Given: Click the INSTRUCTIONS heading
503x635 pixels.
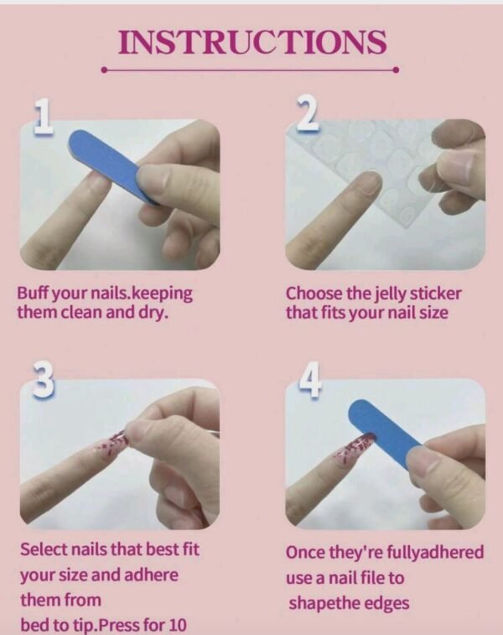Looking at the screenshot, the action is coord(252,42).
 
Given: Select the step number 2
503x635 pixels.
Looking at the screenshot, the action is coord(308,115).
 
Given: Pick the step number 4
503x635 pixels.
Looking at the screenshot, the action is coord(311,380).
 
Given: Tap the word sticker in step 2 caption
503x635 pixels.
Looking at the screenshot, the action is coord(436,294).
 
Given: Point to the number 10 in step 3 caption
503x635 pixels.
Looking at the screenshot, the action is coord(176,625).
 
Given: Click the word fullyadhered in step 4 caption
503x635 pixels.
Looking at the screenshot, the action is coord(435,553).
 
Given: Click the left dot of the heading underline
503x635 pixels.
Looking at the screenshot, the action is coord(104,70).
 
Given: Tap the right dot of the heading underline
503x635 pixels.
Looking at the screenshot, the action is coord(397,70).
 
